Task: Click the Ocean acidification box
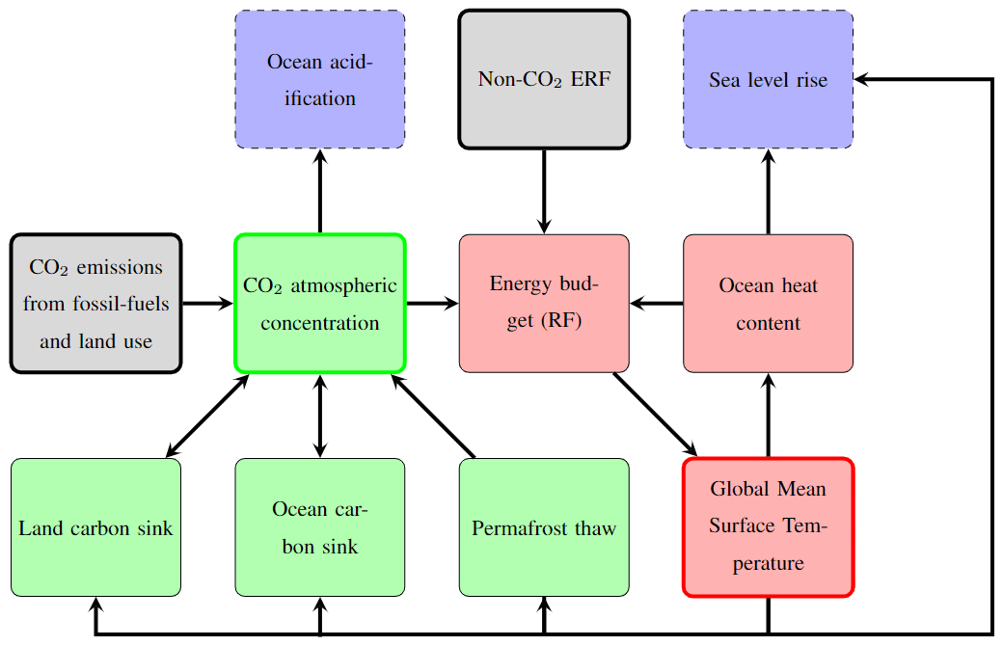[319, 79]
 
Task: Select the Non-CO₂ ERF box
[544, 79]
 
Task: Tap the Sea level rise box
[768, 79]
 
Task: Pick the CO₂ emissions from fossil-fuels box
[95, 303]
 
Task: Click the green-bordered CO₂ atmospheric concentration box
[319, 303]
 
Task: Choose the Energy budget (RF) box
[544, 303]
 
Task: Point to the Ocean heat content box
[768, 303]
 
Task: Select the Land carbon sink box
[95, 527]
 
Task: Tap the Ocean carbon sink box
[319, 527]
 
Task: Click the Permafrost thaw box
[544, 527]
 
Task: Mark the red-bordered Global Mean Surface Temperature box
[768, 527]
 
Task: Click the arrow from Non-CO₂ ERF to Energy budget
[544, 191]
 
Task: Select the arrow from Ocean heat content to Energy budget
[657, 304]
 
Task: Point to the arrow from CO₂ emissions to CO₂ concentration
[207, 304]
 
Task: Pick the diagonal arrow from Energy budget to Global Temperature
[655, 414]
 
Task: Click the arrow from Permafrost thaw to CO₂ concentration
[433, 416]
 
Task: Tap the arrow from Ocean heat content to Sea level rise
[769, 191]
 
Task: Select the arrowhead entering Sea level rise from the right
[862, 79]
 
